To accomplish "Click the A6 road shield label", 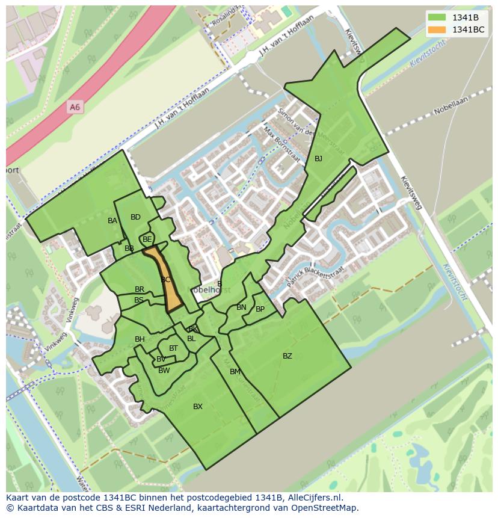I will click(x=75, y=107).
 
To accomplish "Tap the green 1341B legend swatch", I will click(x=437, y=17).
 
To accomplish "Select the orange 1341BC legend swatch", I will click(x=437, y=29).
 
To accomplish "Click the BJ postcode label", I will click(x=318, y=159).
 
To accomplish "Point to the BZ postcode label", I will click(x=287, y=356).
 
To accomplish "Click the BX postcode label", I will click(x=198, y=407).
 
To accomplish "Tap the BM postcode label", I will click(x=235, y=372).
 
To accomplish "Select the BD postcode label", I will click(x=135, y=217).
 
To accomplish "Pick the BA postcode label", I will click(x=112, y=221).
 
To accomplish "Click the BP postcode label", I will click(x=260, y=309).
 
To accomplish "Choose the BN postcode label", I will click(x=241, y=307).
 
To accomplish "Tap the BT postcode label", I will click(x=173, y=348).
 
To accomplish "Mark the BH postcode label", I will click(x=140, y=339).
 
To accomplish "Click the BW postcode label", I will click(x=164, y=371).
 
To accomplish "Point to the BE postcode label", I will click(x=147, y=239).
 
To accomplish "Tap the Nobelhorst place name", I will click(x=207, y=289).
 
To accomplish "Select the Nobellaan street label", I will click(x=451, y=107).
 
